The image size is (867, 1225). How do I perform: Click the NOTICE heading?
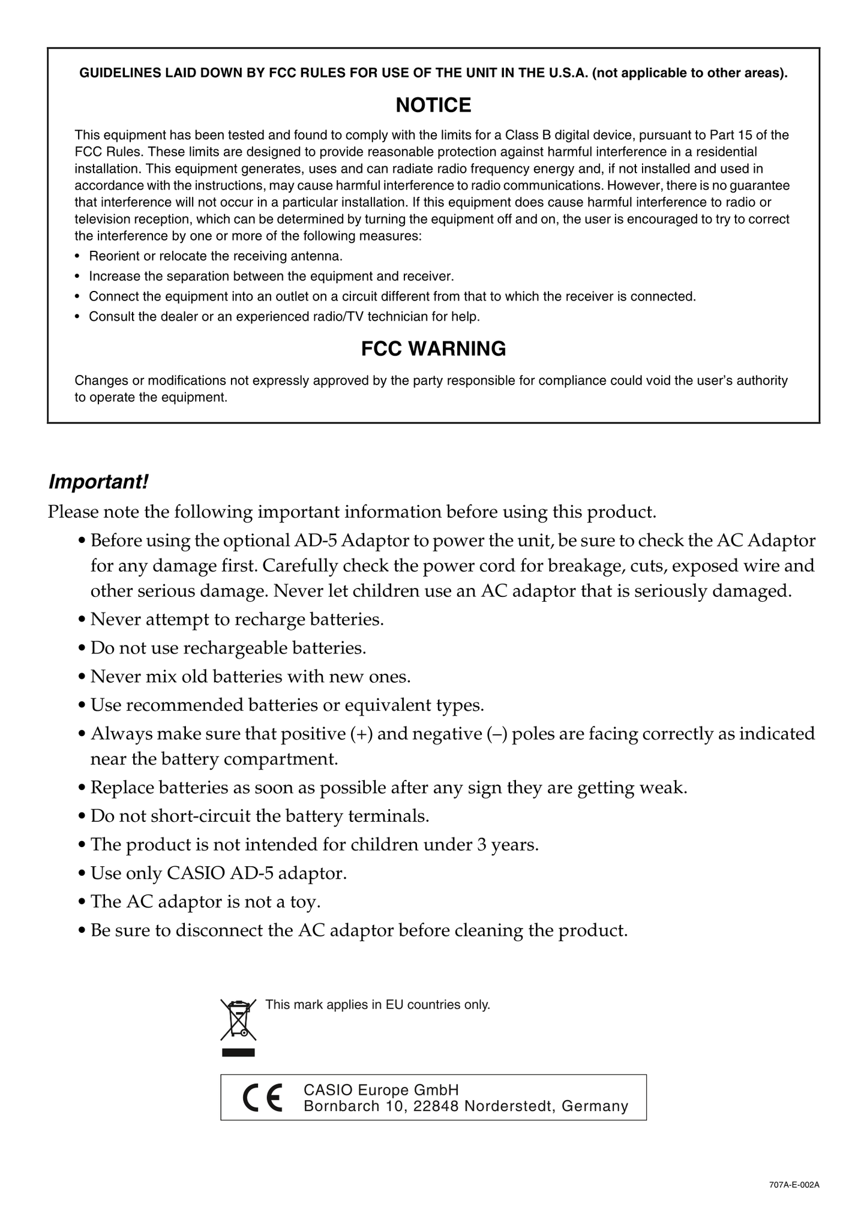433,106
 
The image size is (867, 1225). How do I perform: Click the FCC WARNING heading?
433,349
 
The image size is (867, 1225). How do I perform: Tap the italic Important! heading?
98,481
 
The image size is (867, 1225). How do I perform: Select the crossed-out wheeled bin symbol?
238,1020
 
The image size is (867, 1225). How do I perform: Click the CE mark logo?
262,1098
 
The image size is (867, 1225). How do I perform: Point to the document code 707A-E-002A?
794,1185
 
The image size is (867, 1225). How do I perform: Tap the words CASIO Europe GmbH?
381,1089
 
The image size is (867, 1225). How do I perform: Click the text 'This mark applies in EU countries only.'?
377,1004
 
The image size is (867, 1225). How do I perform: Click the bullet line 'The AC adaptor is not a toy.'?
205,902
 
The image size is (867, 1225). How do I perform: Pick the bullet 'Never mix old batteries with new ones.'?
250,677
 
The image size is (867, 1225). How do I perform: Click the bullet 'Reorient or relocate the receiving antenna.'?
215,257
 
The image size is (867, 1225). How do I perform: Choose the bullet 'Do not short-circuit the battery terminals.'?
260,816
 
